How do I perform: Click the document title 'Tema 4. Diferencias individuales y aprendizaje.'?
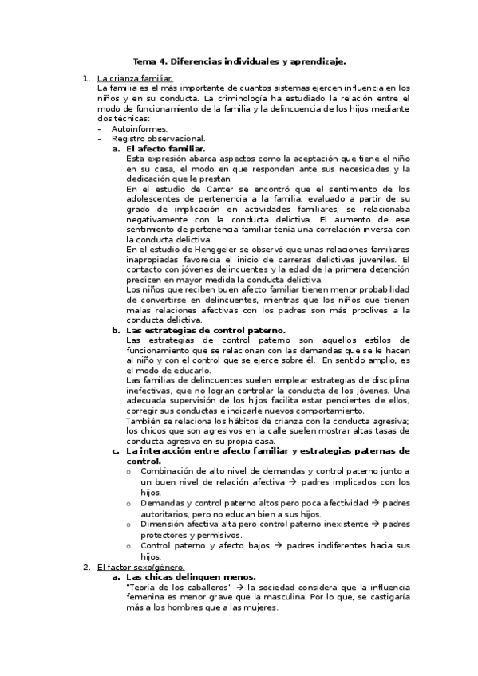pos(239,61)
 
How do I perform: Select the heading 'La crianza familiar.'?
pos(134,78)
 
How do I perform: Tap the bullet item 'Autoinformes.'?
pos(140,128)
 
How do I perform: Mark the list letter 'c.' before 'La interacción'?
pos(117,451)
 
